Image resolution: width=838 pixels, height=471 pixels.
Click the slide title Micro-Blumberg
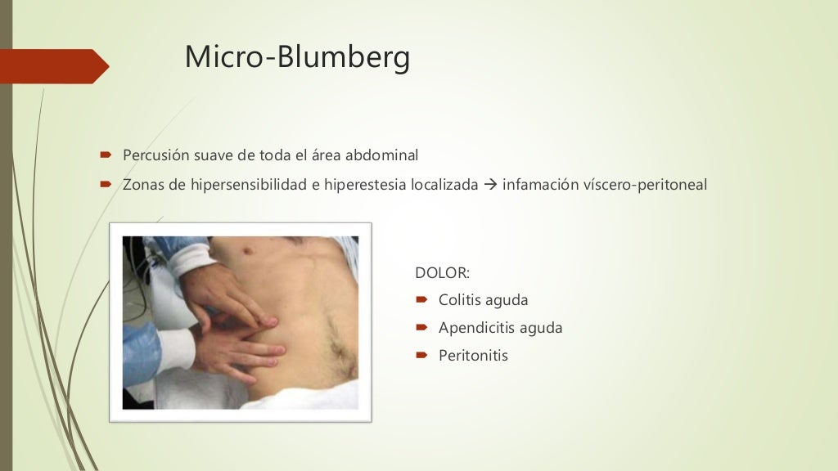(297, 56)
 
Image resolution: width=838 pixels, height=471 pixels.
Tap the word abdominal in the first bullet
(383, 155)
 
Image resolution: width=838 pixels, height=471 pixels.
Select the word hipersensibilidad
(249, 185)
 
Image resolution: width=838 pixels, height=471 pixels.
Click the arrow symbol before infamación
(490, 185)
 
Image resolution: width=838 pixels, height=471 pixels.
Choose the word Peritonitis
(473, 356)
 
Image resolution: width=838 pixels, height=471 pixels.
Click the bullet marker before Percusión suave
(106, 155)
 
